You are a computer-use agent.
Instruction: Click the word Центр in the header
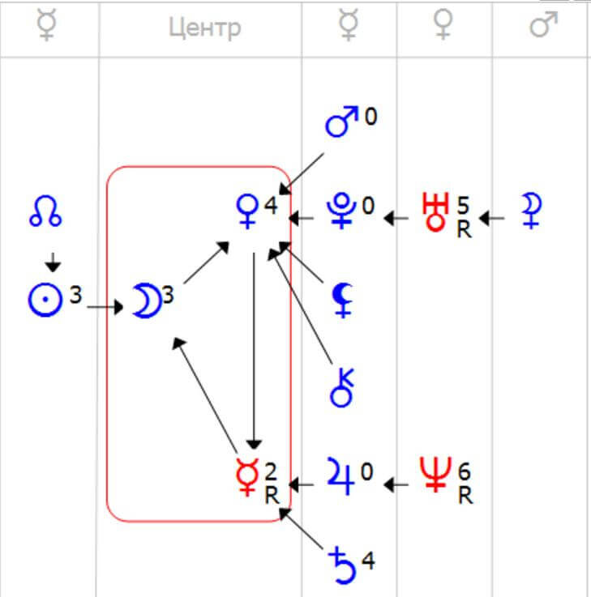[204, 28]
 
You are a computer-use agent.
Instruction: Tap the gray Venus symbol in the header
[443, 27]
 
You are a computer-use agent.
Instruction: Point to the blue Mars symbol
[341, 122]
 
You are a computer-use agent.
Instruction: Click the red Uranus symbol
[436, 212]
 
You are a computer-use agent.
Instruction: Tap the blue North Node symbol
[46, 212]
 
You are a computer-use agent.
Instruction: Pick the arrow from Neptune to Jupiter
[396, 484]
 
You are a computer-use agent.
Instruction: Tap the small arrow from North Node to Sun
[52, 262]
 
